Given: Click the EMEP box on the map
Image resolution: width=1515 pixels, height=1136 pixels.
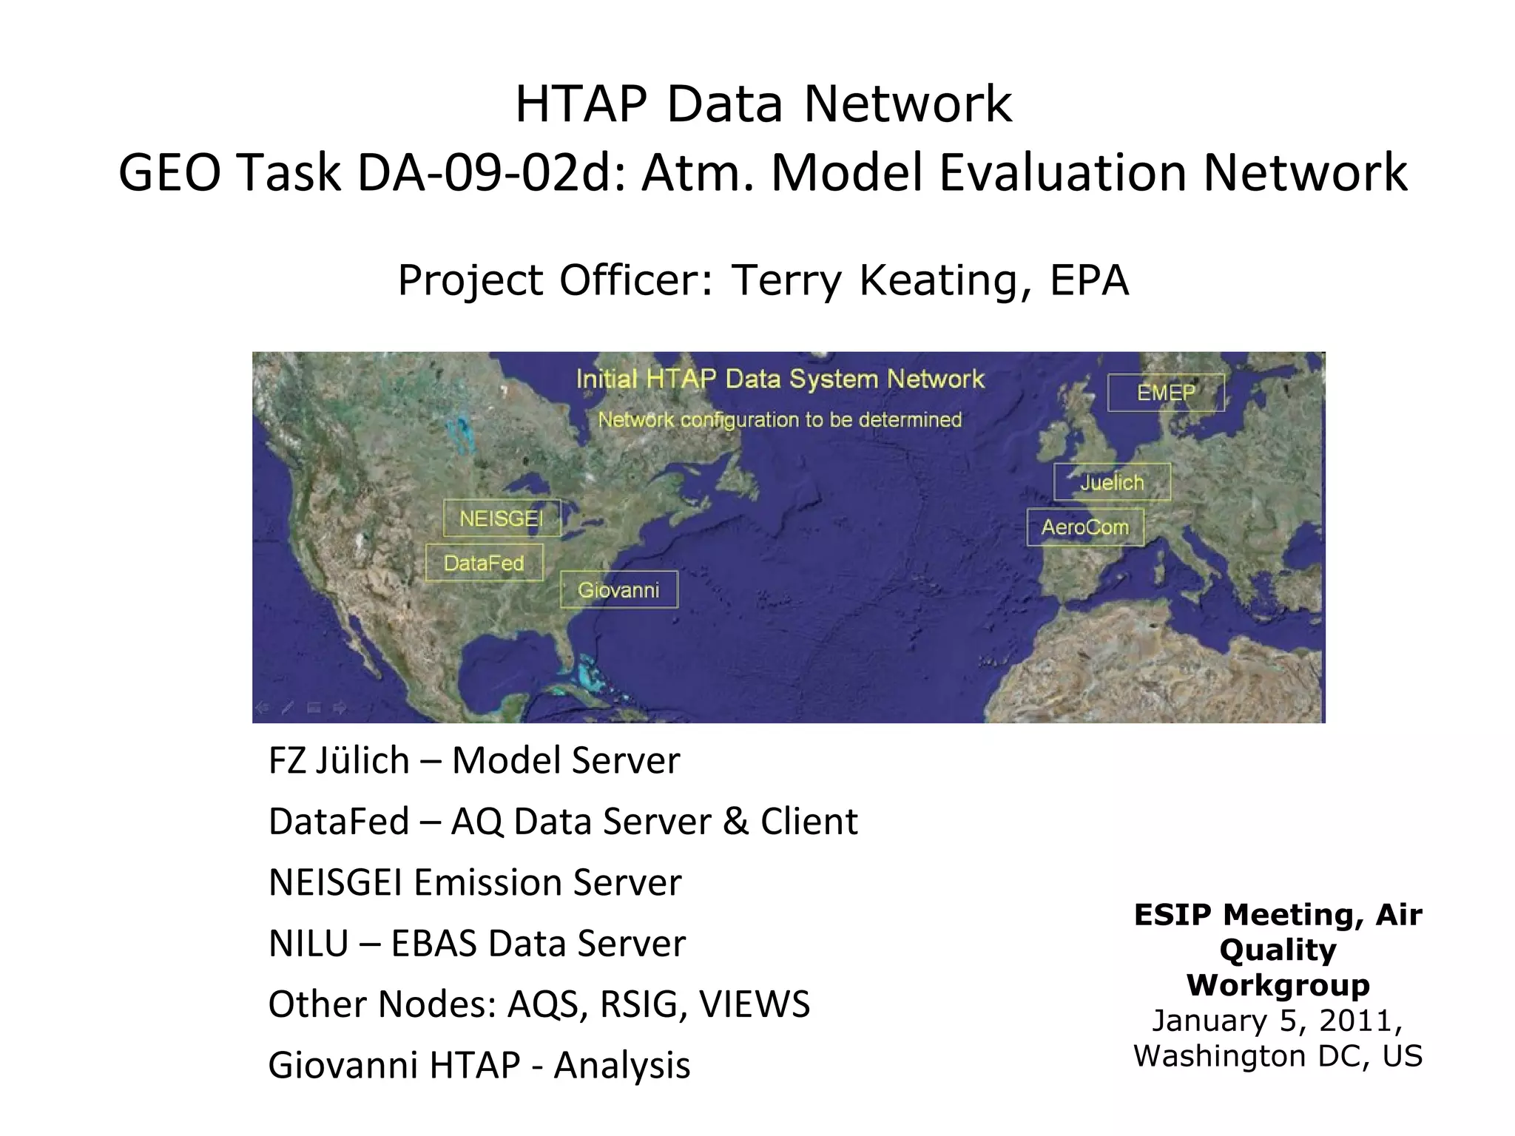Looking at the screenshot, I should (x=1165, y=393).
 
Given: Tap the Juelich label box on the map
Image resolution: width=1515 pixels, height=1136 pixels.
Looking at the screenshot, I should (x=1112, y=482).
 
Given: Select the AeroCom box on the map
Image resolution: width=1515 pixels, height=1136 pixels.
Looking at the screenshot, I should (x=1085, y=527).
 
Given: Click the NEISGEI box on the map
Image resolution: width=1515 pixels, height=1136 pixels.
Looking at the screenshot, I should (x=502, y=518).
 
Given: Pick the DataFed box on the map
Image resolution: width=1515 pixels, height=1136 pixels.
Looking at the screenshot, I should (x=484, y=564).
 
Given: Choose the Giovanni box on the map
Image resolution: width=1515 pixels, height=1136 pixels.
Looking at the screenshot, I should (x=618, y=590).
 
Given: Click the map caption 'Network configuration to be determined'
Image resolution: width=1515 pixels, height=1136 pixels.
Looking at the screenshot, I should (x=780, y=420).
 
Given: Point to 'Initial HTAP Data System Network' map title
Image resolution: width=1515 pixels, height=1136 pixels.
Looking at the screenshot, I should (x=780, y=379).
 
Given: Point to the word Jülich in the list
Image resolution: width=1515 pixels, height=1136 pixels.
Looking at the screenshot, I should (x=362, y=760).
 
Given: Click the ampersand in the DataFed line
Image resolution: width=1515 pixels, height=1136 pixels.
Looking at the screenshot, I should (x=735, y=822).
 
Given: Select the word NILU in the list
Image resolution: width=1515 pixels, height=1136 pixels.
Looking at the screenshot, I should (x=308, y=944).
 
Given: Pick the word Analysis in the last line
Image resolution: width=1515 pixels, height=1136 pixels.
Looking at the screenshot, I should (x=621, y=1066).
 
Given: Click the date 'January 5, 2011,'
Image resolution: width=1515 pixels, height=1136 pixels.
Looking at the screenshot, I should (x=1278, y=1021).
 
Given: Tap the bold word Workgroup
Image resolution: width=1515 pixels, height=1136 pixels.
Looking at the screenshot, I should (x=1278, y=985).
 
